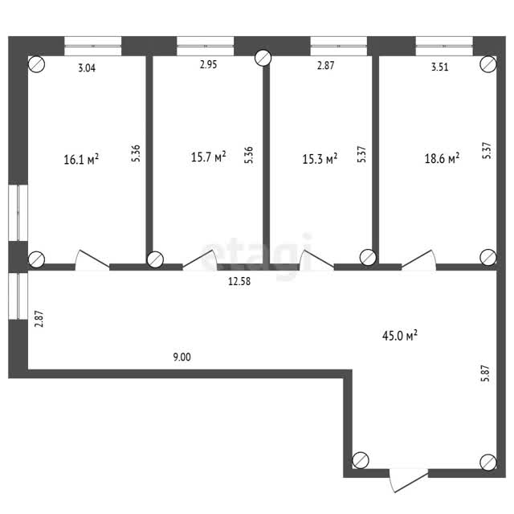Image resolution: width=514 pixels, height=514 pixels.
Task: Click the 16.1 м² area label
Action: (81, 159)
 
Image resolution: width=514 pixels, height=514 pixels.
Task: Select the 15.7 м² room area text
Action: (209, 157)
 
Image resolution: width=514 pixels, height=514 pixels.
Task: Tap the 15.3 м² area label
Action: (320, 159)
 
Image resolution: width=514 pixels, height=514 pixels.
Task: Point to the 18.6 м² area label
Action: (442, 158)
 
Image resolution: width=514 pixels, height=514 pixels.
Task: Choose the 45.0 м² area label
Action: (400, 336)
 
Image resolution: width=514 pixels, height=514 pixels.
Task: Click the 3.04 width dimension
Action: (87, 67)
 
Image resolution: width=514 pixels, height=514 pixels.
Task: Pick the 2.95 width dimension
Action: (209, 64)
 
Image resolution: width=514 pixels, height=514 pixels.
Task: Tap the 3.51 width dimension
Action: (439, 67)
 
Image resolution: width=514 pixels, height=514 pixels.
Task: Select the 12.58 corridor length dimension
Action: (239, 281)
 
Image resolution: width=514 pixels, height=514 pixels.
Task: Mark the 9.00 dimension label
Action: (182, 357)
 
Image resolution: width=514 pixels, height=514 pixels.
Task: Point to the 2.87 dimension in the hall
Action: (39, 319)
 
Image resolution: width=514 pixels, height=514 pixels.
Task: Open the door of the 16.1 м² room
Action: (92, 260)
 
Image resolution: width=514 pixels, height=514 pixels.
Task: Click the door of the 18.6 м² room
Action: (419, 260)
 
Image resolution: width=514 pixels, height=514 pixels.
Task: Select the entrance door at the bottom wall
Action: (409, 481)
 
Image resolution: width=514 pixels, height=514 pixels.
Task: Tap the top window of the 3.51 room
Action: (444, 46)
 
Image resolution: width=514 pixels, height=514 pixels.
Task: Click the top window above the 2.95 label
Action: (206, 46)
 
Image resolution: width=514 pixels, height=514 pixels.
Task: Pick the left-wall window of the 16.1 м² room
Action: (18, 213)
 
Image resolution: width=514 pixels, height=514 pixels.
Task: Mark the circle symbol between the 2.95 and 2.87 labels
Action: (263, 58)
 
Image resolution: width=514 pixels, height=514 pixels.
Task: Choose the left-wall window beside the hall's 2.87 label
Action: (18, 296)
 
